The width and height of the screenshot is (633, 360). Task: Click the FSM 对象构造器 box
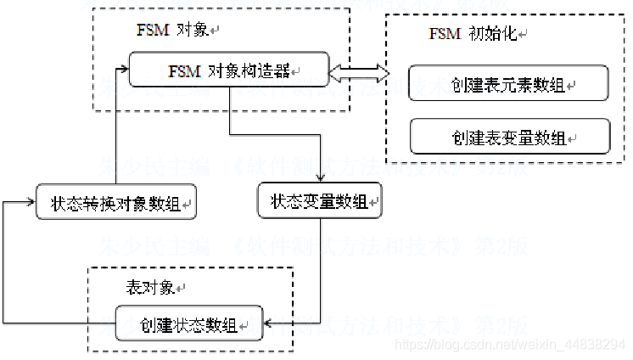pyautogui.click(x=229, y=70)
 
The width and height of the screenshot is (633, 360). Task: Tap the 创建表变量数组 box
pyautogui.click(x=509, y=136)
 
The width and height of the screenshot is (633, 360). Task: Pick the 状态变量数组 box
pyautogui.click(x=319, y=202)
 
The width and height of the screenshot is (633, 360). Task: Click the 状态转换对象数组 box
pyautogui.click(x=116, y=203)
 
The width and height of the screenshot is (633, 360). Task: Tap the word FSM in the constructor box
pyautogui.click(x=178, y=70)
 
